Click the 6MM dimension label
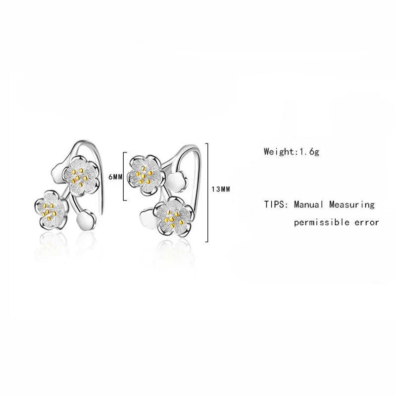115,177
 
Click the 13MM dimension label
221,189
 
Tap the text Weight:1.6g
292,152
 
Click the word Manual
308,204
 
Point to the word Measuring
352,205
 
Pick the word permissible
321,222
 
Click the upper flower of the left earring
80,175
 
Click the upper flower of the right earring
144,175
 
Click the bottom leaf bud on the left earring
86,219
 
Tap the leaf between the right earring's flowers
177,182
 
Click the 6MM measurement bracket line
124,176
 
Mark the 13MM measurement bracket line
207,193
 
